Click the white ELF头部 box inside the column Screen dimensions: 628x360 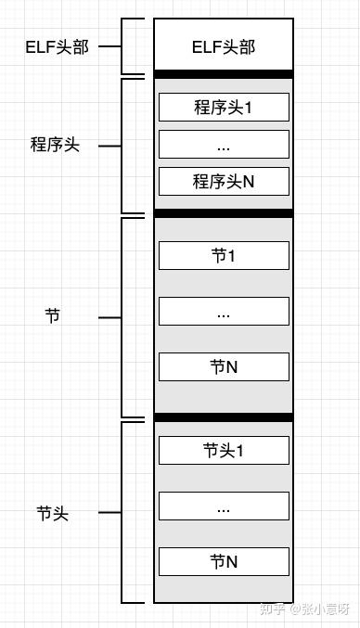pyautogui.click(x=224, y=46)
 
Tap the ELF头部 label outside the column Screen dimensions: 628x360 pyautogui.click(x=57, y=46)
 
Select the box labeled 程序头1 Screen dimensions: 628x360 pyautogui.click(x=224, y=107)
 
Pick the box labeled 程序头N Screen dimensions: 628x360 pyautogui.click(x=224, y=181)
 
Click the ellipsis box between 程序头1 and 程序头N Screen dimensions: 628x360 pyautogui.click(x=224, y=145)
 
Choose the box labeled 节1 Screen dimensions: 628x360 pyautogui.click(x=224, y=255)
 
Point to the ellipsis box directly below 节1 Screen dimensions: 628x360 pyautogui.click(x=224, y=312)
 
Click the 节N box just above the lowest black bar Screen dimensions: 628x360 pyautogui.click(x=224, y=366)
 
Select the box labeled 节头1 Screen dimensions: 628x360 pyautogui.click(x=224, y=450)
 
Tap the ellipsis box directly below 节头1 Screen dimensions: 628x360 pyautogui.click(x=224, y=506)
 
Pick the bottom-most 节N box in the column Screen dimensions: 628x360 pyautogui.click(x=224, y=561)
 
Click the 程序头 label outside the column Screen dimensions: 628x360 pyautogui.click(x=55, y=145)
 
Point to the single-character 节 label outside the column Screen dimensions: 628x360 pyautogui.click(x=52, y=316)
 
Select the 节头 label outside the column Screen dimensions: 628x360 pyautogui.click(x=52, y=512)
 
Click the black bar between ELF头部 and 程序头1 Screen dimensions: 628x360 pyautogui.click(x=224, y=74)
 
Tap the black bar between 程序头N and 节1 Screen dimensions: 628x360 pyautogui.click(x=224, y=213)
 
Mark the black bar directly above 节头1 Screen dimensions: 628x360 pyautogui.click(x=224, y=417)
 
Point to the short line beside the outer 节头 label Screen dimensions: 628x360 pyautogui.click(x=109, y=512)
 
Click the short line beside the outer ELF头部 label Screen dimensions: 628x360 pyautogui.click(x=109, y=45)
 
